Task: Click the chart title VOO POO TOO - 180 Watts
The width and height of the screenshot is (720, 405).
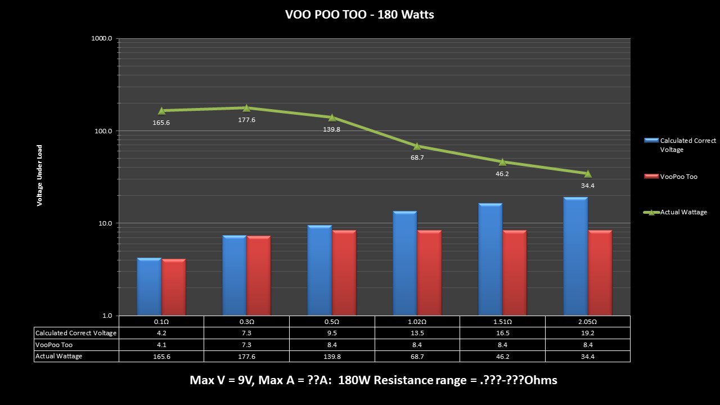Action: pos(359,15)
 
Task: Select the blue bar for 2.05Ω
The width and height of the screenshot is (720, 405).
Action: pos(575,256)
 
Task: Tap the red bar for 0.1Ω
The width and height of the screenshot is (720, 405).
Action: pos(174,287)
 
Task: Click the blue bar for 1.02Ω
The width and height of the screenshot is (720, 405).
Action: pos(405,263)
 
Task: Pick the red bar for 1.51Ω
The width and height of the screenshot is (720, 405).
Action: pos(515,273)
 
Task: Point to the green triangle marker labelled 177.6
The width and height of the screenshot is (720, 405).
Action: pos(246,107)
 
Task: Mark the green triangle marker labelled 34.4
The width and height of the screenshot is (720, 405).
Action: pos(588,174)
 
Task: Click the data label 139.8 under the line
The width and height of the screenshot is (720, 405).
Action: pos(332,129)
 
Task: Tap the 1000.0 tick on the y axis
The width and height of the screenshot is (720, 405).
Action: pos(102,39)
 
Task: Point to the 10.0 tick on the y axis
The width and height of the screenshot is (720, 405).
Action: pos(104,223)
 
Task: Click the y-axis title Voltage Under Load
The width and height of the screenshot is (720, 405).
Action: pos(40,175)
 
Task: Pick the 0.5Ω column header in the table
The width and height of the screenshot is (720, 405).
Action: pos(332,321)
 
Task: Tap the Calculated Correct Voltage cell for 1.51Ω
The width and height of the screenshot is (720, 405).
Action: pos(502,333)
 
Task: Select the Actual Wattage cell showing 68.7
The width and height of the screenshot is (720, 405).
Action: pos(417,356)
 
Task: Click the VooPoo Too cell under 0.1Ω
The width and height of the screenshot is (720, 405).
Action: pos(161,345)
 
